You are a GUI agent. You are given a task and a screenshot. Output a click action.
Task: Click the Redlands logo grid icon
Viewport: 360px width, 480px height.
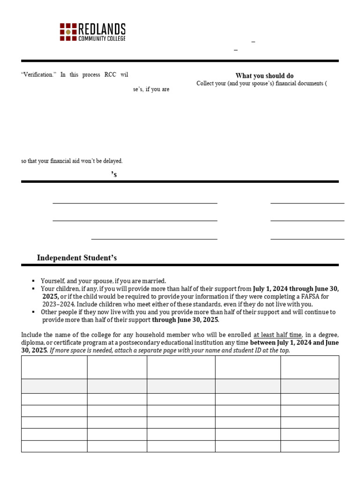(x=68, y=31)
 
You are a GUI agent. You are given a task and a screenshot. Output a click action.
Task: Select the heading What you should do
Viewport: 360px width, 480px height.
(x=264, y=76)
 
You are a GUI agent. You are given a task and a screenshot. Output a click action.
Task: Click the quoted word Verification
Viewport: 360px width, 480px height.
(x=37, y=75)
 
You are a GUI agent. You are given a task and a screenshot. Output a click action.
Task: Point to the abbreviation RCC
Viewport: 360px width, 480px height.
(x=110, y=75)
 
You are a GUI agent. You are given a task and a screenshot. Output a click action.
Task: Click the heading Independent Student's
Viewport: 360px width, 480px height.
(x=77, y=258)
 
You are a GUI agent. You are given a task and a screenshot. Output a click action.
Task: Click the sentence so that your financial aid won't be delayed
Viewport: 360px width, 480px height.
(x=72, y=161)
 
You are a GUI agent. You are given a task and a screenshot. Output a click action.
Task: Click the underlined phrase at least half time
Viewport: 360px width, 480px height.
(x=277, y=335)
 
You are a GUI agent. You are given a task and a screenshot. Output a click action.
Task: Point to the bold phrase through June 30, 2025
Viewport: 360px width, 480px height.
(x=185, y=320)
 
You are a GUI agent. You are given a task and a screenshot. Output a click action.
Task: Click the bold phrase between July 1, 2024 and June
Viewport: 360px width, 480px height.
(x=294, y=342)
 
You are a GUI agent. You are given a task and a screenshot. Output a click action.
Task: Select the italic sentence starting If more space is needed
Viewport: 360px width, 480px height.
(x=170, y=350)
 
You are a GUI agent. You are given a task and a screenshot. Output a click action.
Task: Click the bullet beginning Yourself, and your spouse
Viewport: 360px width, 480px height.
(x=103, y=281)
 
